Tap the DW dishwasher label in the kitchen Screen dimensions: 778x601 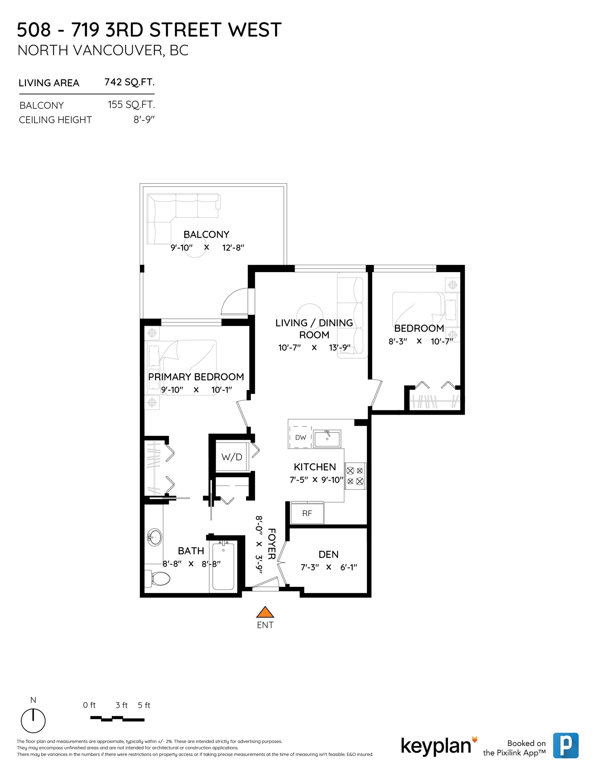pos(301,437)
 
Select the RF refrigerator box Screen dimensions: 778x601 pos(307,513)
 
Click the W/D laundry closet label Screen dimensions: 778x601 pos(232,457)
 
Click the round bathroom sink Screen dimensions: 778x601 pos(155,537)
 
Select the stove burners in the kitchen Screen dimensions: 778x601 pos(355,476)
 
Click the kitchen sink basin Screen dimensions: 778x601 pos(328,439)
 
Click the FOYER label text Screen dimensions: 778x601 pos(271,544)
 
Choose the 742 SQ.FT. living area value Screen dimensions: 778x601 pos(129,82)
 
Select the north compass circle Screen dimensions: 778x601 pos(33,721)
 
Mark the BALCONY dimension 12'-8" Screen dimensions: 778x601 pos(233,248)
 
